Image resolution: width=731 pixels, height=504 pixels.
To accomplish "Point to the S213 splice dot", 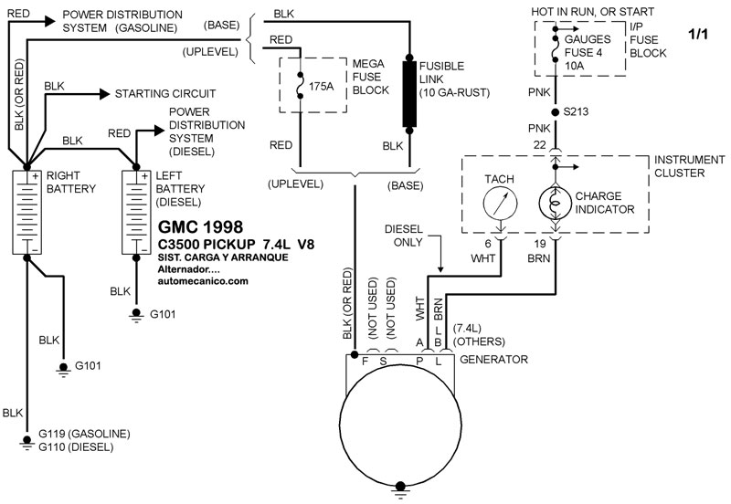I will coord(555,113).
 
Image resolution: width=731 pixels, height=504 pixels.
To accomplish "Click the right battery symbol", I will coord(27,211).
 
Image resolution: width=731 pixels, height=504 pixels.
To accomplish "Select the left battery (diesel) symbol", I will coord(137,211).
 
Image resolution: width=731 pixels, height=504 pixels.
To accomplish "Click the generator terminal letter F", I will coord(365,360).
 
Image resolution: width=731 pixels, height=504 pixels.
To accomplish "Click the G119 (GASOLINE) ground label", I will coord(83,433).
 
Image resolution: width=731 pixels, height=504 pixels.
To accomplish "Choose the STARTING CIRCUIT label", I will coord(164,93).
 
